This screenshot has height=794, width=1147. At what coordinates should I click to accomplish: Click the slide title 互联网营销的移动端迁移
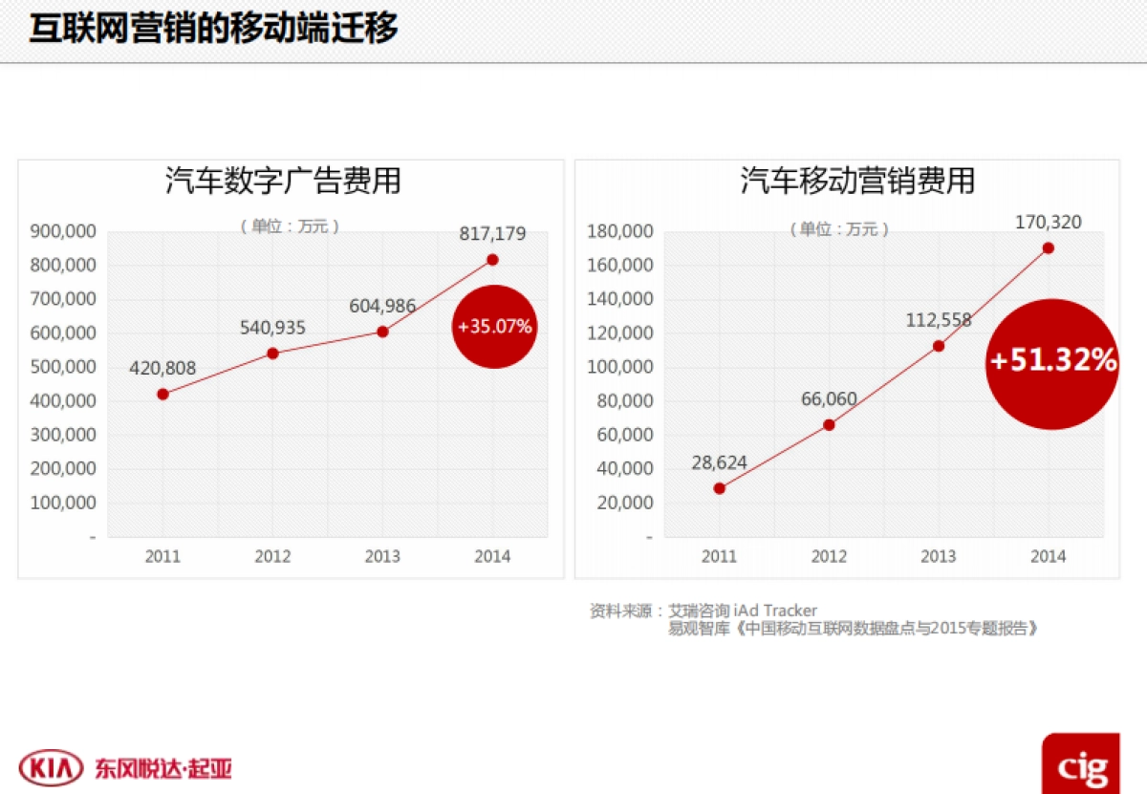212,29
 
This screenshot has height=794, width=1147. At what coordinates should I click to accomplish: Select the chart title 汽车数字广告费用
283,181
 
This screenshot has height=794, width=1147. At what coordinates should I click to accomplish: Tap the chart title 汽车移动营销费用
857,181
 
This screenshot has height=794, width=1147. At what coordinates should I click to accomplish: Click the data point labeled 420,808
162,394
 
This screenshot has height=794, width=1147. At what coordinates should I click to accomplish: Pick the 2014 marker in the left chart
492,260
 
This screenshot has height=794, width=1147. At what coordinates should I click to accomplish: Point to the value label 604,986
382,307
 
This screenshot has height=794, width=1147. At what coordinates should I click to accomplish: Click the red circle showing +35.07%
494,327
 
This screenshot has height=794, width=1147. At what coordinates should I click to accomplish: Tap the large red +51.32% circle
1052,362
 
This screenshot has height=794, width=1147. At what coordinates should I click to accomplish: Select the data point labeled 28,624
719,488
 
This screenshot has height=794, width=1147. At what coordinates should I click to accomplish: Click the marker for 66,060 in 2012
829,424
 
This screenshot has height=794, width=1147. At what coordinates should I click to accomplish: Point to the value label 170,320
1049,223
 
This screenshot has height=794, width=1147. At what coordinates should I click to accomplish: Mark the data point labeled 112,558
939,346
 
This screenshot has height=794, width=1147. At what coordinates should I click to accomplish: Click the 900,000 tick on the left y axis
63,231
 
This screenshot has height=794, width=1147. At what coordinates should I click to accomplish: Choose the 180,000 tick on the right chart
620,231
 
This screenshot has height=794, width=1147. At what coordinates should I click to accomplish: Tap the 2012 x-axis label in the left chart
272,556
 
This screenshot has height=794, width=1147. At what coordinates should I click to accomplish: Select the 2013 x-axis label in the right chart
939,556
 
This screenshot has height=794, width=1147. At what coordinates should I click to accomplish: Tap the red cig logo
1081,765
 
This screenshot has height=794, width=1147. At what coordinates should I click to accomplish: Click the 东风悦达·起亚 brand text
162,768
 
